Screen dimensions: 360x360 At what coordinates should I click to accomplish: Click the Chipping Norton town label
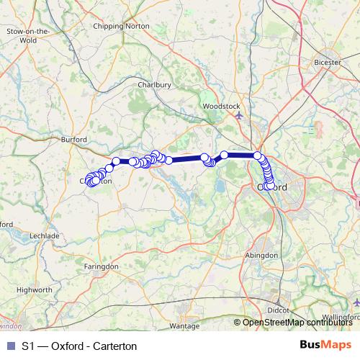121,26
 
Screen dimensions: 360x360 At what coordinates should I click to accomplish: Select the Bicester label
328,63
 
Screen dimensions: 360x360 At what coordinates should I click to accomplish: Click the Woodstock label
221,106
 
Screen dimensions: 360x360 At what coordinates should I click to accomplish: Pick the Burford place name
74,140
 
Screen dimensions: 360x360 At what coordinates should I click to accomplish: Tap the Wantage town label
184,326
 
